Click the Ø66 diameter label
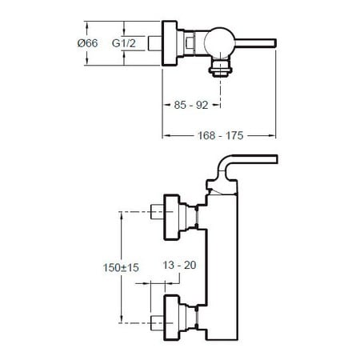tap(87, 43)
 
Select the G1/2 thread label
tap(124, 43)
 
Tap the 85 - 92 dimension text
tap(191, 105)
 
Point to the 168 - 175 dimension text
tap(221, 135)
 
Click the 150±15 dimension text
tap(121, 267)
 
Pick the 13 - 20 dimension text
tap(179, 265)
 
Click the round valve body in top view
tap(219, 42)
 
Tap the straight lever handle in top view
tap(255, 43)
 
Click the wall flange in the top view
tap(170, 43)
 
